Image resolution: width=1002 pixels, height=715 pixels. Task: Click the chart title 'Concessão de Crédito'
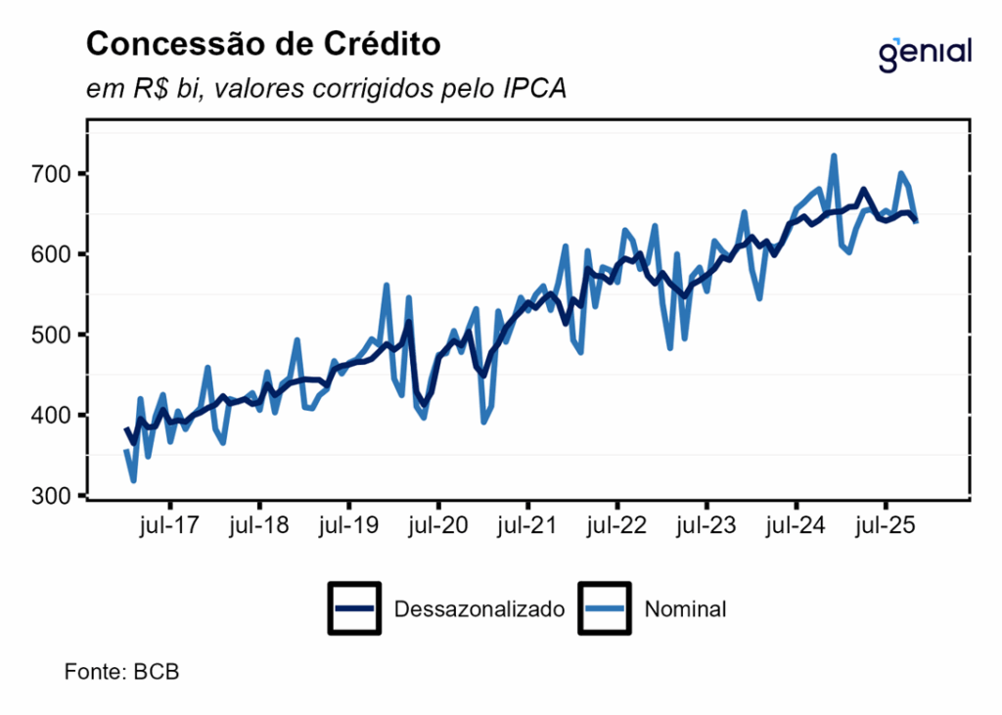[x=263, y=44]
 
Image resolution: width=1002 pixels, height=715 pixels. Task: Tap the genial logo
[x=925, y=53]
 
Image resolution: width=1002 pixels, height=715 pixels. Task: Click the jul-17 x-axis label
[x=169, y=525]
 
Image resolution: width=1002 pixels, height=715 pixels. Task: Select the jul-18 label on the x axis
[x=258, y=525]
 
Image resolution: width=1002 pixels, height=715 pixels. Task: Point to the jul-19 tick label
[x=348, y=525]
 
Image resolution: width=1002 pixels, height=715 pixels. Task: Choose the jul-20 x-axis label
[x=437, y=525]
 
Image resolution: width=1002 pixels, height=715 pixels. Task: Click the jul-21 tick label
[x=527, y=525]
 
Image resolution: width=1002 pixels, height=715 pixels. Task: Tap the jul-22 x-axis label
[x=616, y=525]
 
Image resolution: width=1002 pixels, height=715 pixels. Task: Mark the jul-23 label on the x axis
[x=706, y=525]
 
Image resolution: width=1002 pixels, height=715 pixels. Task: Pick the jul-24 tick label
[x=796, y=525]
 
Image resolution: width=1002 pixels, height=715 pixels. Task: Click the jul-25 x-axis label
[x=886, y=525]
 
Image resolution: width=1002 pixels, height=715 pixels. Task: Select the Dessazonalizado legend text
[x=479, y=609]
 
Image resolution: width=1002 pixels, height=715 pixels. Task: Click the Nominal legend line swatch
[x=606, y=608]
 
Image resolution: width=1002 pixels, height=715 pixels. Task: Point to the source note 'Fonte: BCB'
[x=121, y=672]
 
